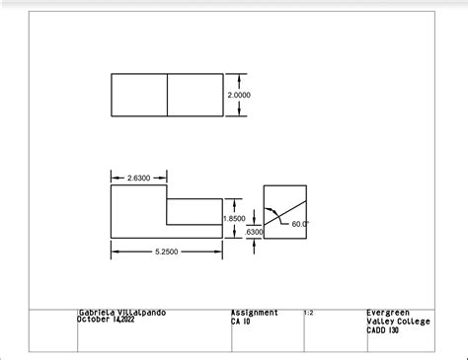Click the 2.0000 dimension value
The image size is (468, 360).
coord(239,96)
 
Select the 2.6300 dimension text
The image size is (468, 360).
coord(139,178)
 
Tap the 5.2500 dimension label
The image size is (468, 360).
coord(166,252)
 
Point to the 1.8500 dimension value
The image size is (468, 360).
coord(234,219)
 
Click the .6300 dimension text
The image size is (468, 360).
coord(254,232)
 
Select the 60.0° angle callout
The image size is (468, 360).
coord(301,224)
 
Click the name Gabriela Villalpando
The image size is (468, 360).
coord(121,313)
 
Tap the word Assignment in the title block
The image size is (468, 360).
coord(254,313)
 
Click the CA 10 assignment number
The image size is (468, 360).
coord(240,321)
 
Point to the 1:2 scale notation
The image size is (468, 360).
coord(309,313)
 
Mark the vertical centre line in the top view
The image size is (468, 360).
coord(167,96)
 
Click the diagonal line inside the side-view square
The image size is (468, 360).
coord(285,210)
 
